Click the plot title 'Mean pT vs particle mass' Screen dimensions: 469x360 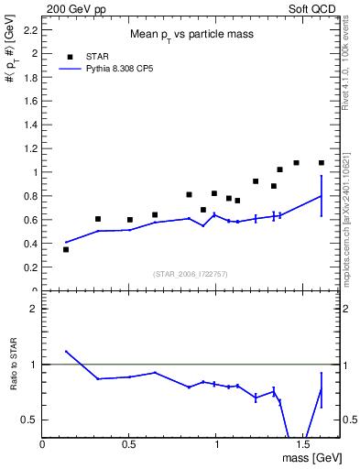191,34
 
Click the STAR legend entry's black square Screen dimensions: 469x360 70,56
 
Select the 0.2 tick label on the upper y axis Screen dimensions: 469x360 32,267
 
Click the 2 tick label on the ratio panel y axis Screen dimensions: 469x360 34,310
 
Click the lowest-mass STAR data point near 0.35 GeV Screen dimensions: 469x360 66,249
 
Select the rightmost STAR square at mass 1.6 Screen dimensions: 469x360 322,163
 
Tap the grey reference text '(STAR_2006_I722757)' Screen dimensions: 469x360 191,274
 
